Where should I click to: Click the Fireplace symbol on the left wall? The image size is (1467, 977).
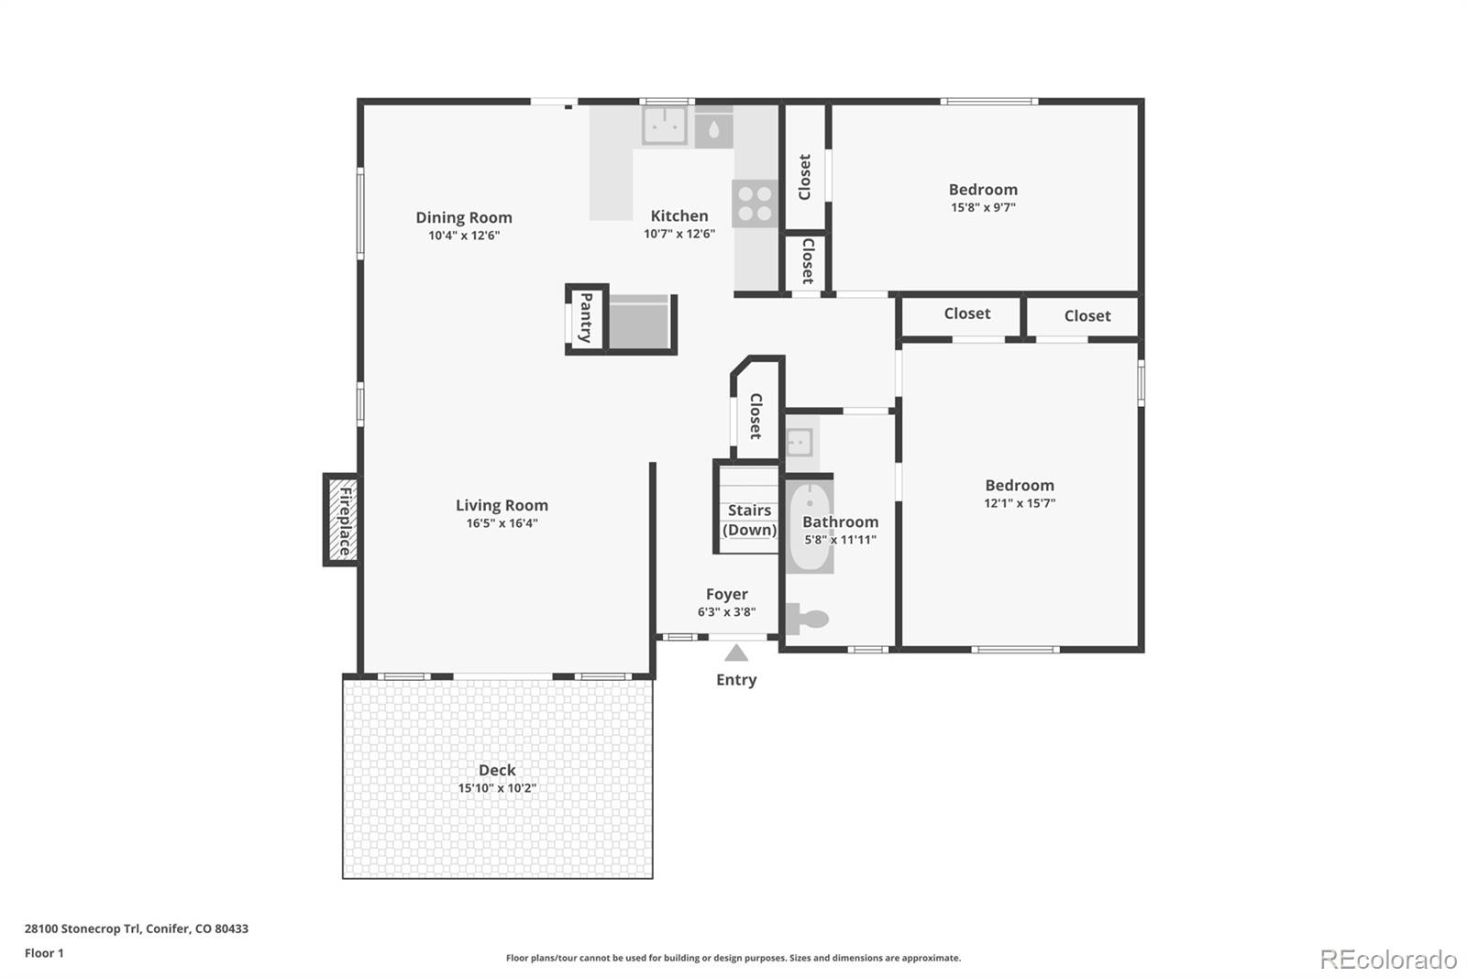(x=342, y=520)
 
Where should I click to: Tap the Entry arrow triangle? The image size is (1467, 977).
(x=736, y=653)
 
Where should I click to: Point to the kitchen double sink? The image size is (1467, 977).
(x=665, y=126)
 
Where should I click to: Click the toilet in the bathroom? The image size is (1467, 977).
(x=808, y=620)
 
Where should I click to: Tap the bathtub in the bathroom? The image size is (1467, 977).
(x=810, y=526)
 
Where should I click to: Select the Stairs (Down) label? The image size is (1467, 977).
(x=749, y=520)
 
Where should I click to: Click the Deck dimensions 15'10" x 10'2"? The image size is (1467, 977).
(x=497, y=788)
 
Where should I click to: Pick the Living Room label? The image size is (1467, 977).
(x=502, y=505)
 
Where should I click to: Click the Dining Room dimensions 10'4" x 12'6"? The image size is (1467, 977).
(x=464, y=236)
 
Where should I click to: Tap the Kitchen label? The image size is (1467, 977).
(x=679, y=215)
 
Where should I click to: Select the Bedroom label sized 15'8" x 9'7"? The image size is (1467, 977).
(x=983, y=190)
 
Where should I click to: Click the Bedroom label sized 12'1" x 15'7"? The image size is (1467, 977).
(x=1020, y=485)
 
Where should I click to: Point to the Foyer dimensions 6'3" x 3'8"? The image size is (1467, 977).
(x=726, y=612)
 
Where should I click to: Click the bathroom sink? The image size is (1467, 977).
(x=800, y=443)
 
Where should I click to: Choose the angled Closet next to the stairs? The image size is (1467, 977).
(x=756, y=415)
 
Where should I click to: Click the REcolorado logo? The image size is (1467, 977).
(x=1388, y=960)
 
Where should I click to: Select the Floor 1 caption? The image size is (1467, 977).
(x=44, y=953)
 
